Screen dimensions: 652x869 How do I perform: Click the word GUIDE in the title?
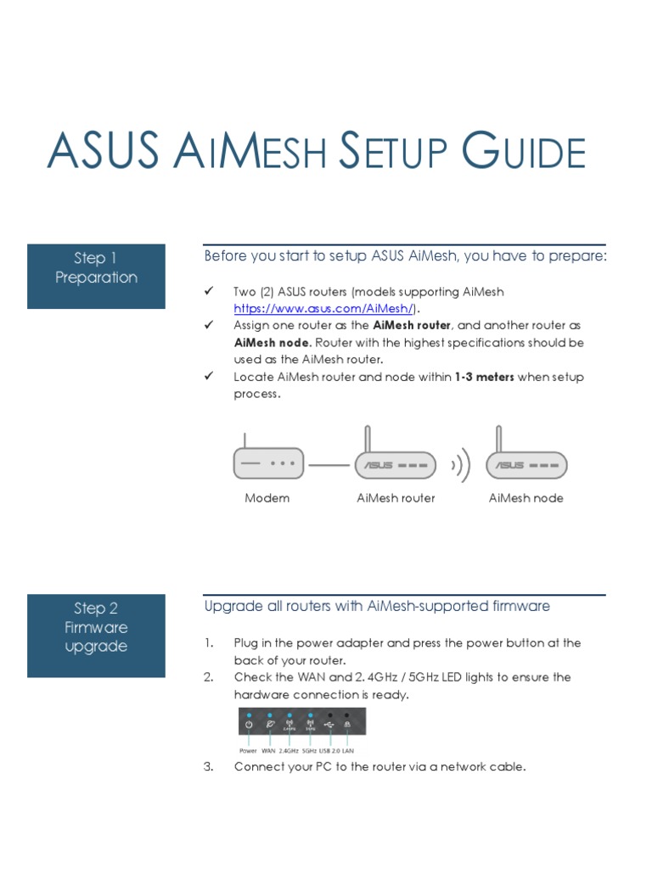[523, 150]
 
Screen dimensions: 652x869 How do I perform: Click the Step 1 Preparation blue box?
[96, 276]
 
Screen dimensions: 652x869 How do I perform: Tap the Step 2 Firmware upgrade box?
[96, 635]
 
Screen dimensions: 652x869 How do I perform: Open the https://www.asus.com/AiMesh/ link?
[323, 308]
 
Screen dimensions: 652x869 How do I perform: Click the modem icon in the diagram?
[268, 457]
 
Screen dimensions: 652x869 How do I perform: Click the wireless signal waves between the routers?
[461, 465]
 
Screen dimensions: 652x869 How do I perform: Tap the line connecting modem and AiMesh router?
[329, 465]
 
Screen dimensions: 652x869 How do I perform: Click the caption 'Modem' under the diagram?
[267, 497]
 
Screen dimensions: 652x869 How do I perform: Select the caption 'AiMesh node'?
[526, 497]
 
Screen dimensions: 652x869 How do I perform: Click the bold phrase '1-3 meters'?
[484, 377]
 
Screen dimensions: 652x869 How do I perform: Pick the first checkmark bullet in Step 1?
[209, 291]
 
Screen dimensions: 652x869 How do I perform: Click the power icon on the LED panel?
[249, 725]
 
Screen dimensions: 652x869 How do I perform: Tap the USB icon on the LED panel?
[329, 725]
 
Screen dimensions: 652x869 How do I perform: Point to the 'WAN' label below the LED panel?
[268, 751]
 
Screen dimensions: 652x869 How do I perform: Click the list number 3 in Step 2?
[209, 766]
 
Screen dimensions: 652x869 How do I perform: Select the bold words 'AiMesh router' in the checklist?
[412, 325]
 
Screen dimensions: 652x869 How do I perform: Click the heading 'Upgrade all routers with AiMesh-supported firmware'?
[377, 606]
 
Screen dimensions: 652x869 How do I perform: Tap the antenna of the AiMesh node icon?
[498, 439]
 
